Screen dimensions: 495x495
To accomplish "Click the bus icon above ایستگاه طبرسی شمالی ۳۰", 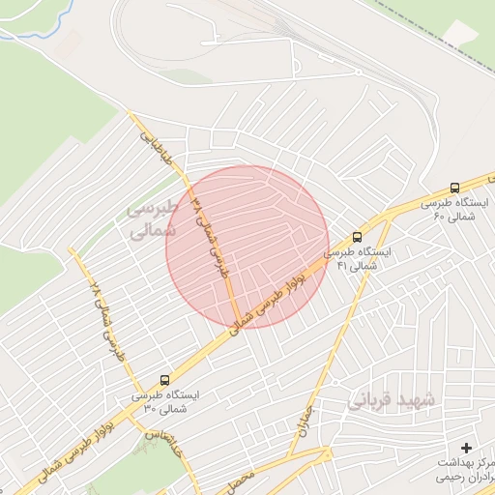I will click(x=162, y=381).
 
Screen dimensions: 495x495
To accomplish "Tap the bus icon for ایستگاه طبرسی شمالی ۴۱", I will click(x=358, y=237).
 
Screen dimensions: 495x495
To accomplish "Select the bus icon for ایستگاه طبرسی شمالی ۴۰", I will click(x=454, y=189).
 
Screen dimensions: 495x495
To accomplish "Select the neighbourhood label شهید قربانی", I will click(x=395, y=398).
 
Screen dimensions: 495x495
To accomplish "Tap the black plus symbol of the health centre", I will click(x=467, y=447).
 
